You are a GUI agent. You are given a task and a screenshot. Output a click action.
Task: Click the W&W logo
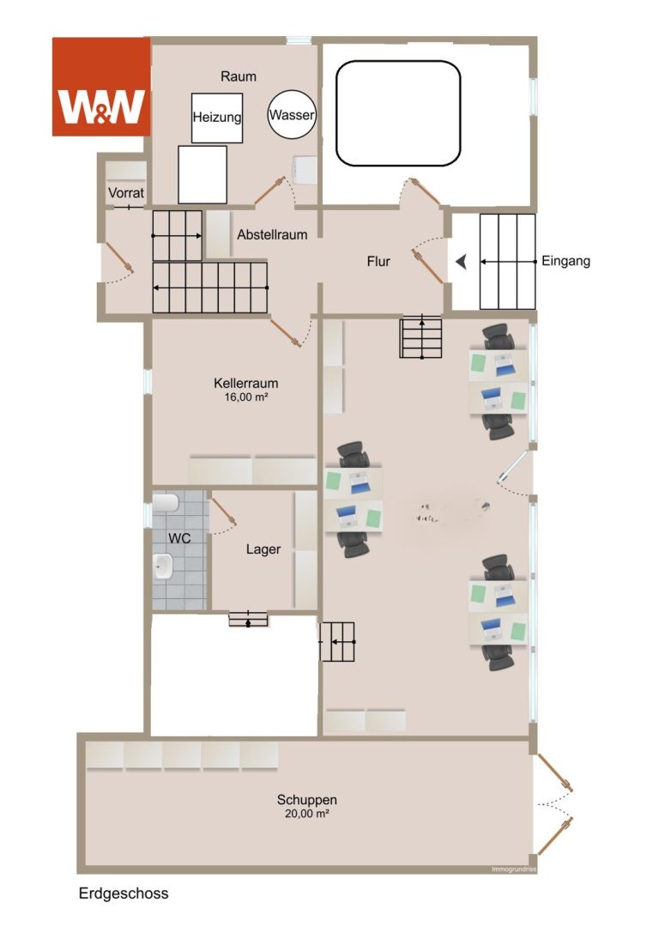coord(101,87)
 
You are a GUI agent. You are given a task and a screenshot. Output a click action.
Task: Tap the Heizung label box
coord(217,118)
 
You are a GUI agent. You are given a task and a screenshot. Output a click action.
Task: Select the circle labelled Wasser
coord(292,115)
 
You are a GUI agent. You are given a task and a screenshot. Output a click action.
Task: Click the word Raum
coord(239,76)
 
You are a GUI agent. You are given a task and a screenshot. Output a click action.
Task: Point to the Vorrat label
coord(126,193)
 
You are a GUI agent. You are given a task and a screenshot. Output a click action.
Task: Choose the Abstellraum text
coord(272,234)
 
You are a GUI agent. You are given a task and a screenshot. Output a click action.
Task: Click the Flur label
coord(378,261)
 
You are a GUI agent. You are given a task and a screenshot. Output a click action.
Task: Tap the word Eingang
coord(565,261)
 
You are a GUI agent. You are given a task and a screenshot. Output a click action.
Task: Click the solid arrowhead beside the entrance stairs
coord(461,262)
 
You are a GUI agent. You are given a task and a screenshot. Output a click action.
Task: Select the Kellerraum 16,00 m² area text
coord(246,389)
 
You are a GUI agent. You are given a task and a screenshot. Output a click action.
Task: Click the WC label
coord(179,538)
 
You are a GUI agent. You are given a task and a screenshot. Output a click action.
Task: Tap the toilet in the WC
coord(165,503)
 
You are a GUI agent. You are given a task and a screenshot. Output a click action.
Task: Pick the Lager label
coord(263,549)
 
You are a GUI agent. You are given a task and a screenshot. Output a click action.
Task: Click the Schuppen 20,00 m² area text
coord(307,806)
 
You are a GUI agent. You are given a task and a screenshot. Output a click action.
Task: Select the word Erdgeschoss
coord(124,894)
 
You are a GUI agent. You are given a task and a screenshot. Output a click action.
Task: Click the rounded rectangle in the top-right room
coord(398,113)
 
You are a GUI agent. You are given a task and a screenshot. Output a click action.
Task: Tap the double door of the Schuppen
coord(555,804)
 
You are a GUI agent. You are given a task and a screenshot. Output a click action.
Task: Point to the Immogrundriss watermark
coord(514,869)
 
